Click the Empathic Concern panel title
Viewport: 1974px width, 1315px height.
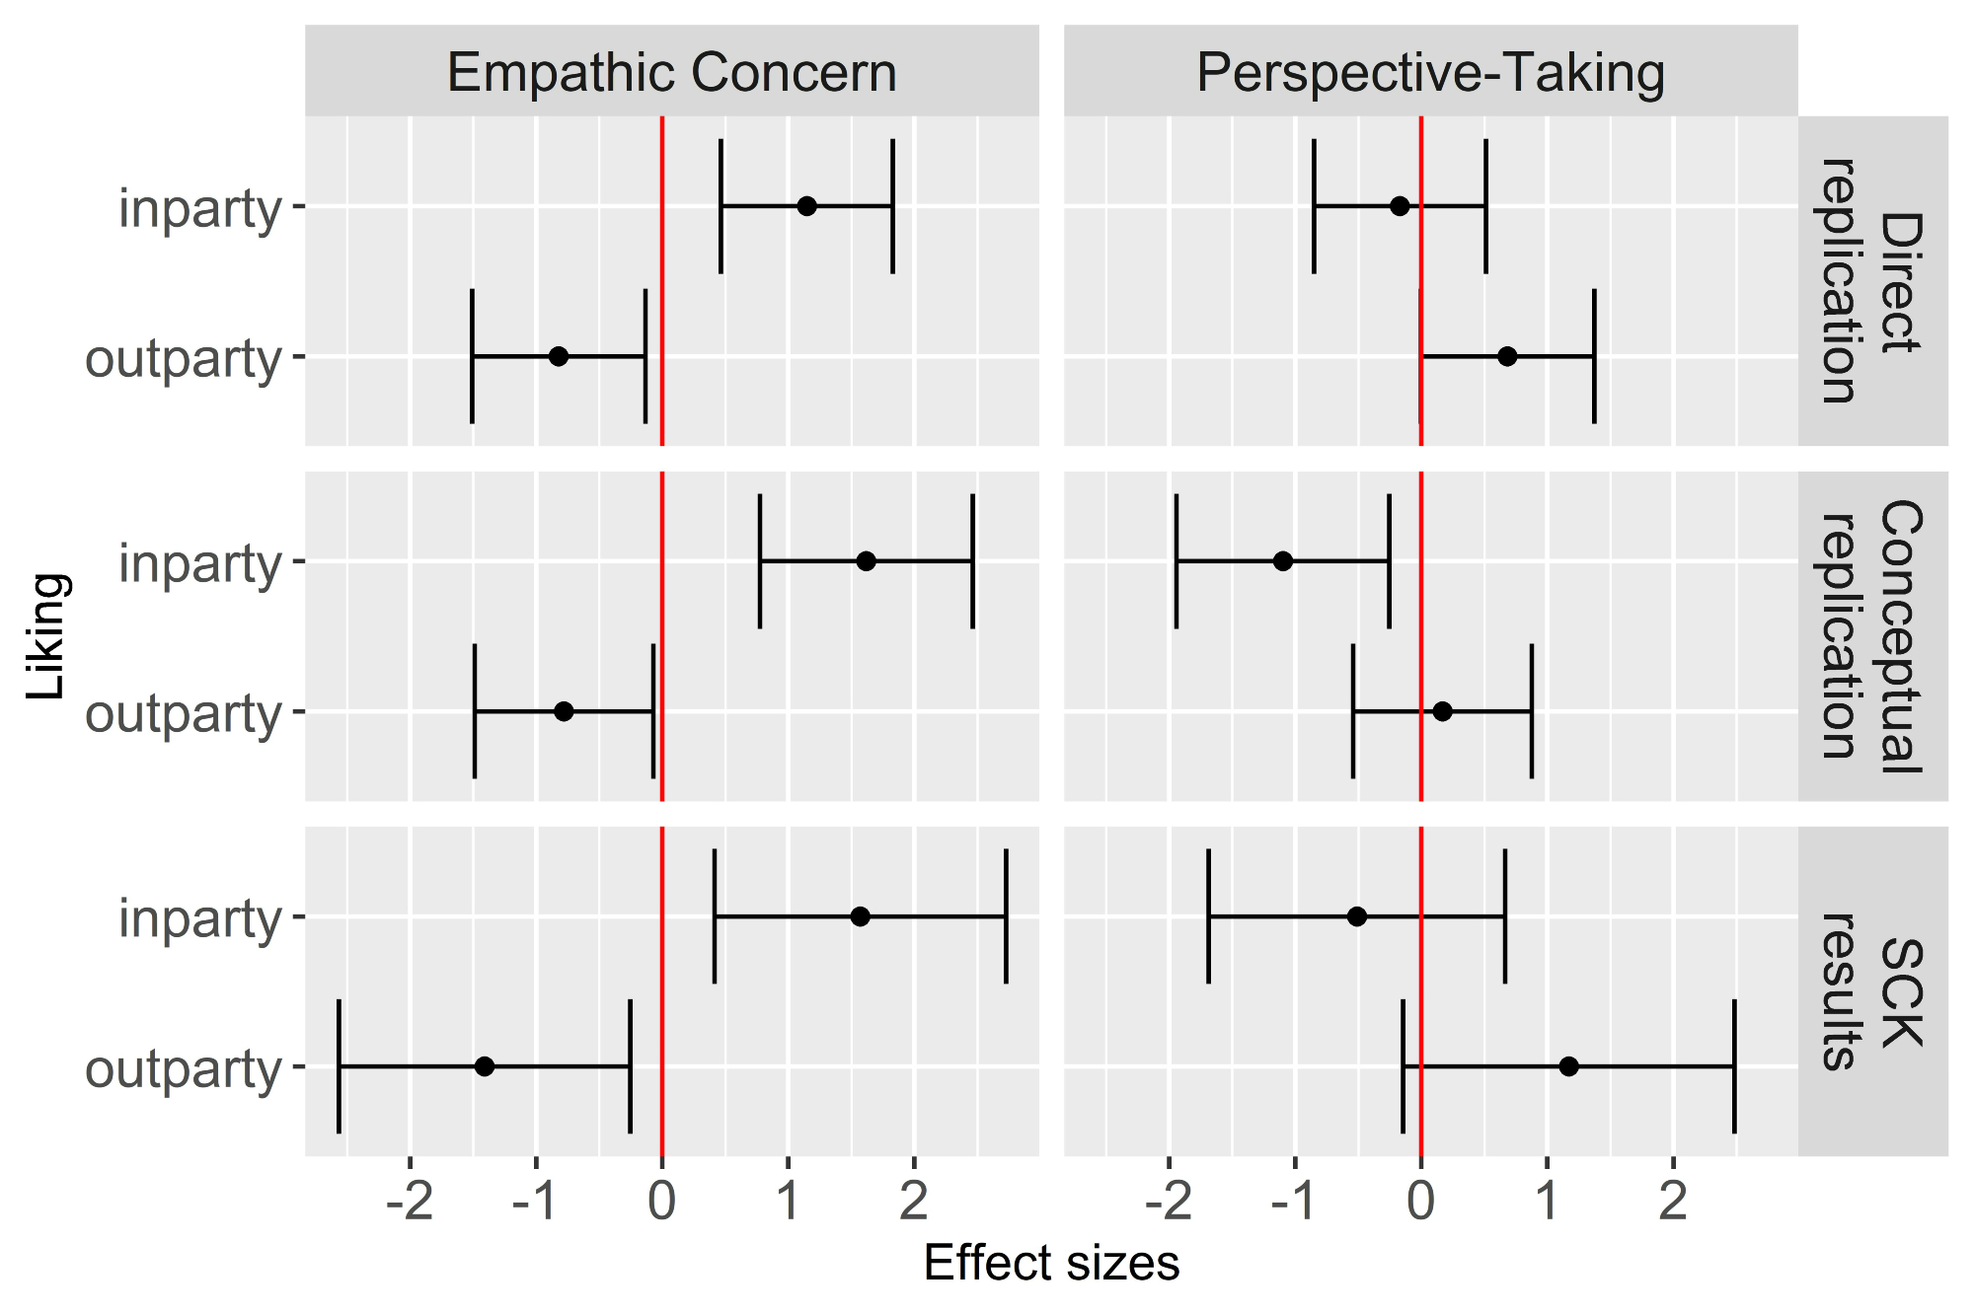(x=671, y=73)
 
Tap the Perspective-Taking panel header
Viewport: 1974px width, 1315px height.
(x=1430, y=73)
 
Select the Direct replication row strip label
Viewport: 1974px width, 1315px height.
(x=1872, y=281)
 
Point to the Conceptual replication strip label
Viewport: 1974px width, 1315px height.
(x=1872, y=636)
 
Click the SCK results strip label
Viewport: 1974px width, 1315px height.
(x=1872, y=991)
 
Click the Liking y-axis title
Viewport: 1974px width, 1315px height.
(x=46, y=636)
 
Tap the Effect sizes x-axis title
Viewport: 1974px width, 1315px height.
(x=1051, y=1264)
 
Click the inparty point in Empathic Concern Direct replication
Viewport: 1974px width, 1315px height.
(x=806, y=206)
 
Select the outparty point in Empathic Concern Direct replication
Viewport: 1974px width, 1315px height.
(x=559, y=356)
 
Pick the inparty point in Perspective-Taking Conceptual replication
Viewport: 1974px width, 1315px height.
(x=1283, y=561)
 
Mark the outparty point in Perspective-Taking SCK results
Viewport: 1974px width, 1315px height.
(x=1568, y=1066)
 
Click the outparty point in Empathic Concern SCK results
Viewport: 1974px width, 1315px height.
(x=485, y=1066)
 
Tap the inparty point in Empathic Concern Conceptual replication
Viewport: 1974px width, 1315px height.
(x=866, y=561)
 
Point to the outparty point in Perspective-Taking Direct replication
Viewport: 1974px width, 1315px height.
(x=1507, y=356)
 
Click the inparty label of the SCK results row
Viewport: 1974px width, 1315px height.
(x=200, y=918)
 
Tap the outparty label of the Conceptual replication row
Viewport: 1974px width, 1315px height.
(x=184, y=713)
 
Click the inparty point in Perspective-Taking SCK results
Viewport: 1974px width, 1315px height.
(x=1357, y=916)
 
